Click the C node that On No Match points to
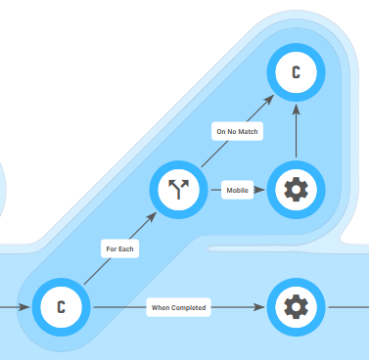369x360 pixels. point(296,72)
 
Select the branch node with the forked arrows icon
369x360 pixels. point(178,190)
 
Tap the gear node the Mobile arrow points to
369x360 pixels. point(296,190)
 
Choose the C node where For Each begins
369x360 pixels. point(61,307)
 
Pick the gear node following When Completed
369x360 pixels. point(296,307)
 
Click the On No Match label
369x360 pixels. point(237,131)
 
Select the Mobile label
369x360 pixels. point(237,190)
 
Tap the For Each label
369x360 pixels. point(119,248)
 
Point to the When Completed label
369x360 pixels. point(178,307)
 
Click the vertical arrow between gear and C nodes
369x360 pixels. point(296,131)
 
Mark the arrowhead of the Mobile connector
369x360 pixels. point(259,190)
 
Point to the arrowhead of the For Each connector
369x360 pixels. point(152,217)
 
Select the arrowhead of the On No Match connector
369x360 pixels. point(268,100)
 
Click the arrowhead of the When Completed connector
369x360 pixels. point(259,307)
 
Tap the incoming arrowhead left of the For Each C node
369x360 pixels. point(24,307)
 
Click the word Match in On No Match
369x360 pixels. point(248,131)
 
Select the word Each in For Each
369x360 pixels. point(126,248)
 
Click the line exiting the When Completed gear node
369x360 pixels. point(348,307)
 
